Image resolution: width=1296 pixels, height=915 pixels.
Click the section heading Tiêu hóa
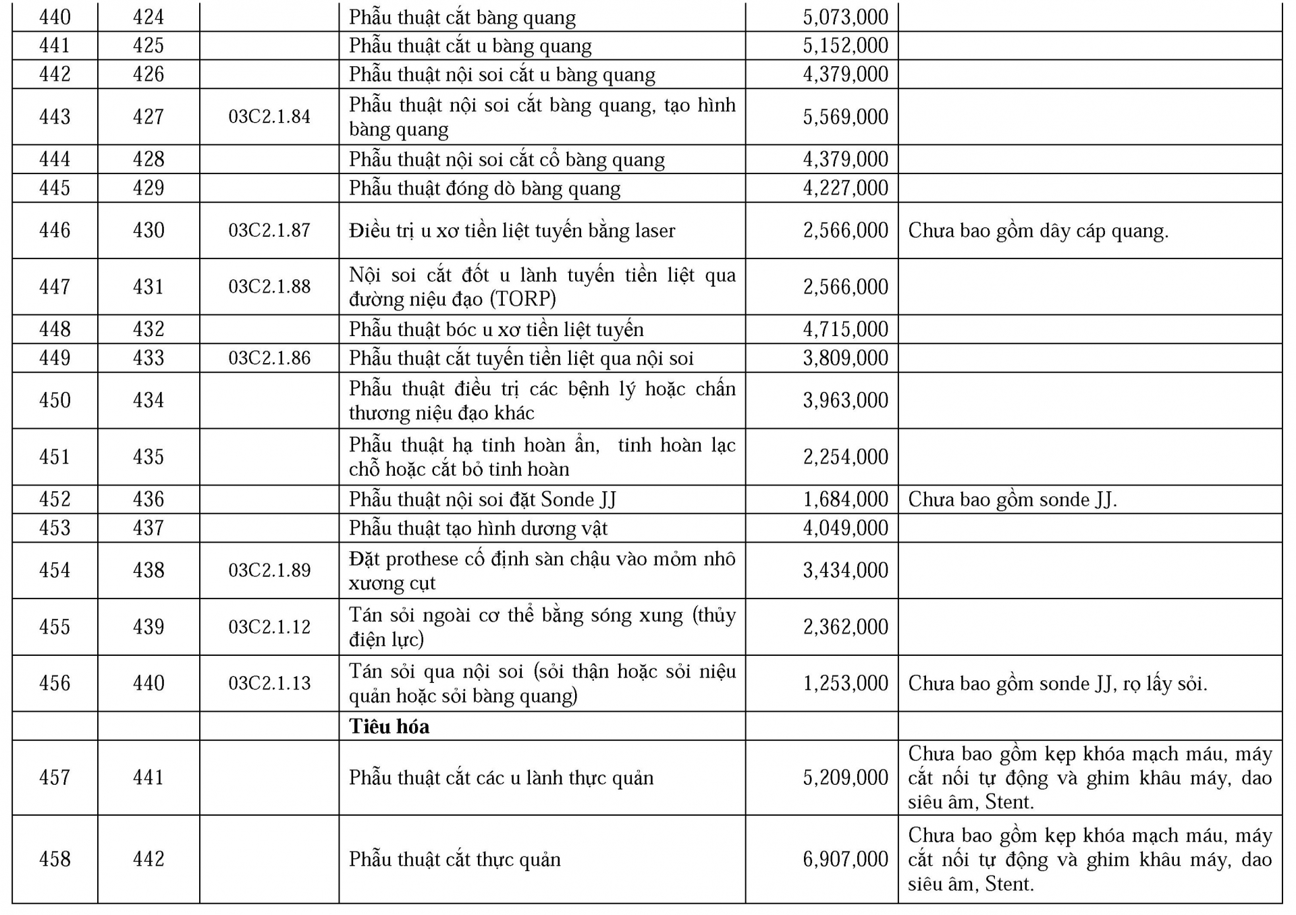pos(389,727)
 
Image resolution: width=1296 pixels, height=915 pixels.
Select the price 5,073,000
pos(845,17)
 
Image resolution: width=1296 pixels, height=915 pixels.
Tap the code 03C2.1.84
pos(269,117)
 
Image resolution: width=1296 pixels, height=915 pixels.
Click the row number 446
pos(55,230)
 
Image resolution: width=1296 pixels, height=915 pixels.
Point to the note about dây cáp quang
pos(1038,231)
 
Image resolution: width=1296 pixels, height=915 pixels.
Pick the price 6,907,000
pos(845,859)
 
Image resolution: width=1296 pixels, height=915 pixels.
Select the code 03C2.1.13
pos(269,683)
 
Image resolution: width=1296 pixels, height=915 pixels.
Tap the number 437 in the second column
pos(148,528)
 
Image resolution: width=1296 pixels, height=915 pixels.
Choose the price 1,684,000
pos(845,499)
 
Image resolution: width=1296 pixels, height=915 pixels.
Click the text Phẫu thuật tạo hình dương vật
pos(478,528)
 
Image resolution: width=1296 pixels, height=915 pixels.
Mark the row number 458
pos(55,859)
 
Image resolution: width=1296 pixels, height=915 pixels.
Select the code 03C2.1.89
pos(269,570)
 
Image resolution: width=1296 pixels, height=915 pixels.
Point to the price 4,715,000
pos(845,329)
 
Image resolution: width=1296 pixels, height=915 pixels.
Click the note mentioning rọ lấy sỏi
pos(1057,684)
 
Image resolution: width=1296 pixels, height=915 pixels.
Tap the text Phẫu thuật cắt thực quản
pos(454,860)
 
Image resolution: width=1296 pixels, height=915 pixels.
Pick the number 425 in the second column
pos(148,45)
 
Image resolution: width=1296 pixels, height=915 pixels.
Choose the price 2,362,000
pos(845,627)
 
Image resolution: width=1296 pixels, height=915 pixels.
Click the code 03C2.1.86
pos(269,358)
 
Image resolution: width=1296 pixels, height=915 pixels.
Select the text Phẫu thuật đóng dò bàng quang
pos(484,188)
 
